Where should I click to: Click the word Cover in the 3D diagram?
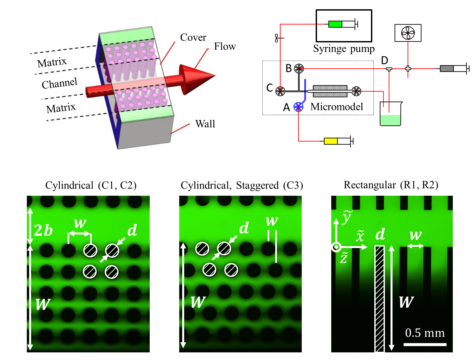point(193,37)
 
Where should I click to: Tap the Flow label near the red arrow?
point(225,46)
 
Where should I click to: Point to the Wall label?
point(205,124)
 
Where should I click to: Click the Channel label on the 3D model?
point(60,83)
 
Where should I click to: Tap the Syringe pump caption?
point(344,49)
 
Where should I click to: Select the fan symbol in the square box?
point(408,33)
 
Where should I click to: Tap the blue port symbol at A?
point(298,106)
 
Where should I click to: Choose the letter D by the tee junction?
point(385,61)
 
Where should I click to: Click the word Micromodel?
point(337,107)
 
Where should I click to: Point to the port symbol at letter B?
point(299,69)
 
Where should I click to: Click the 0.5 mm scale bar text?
point(425,333)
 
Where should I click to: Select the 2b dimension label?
point(43,230)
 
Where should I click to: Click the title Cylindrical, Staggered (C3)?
point(242,185)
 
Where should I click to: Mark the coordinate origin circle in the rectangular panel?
point(336,247)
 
